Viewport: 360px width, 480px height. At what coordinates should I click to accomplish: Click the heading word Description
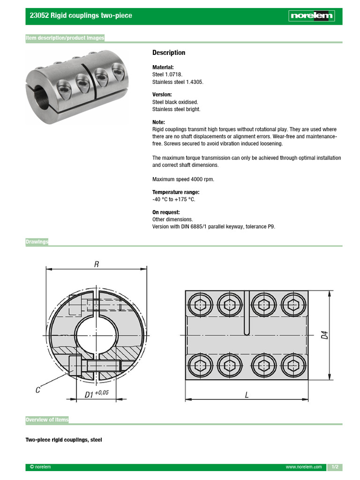click(x=169, y=52)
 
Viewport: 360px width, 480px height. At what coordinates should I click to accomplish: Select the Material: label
click(x=163, y=67)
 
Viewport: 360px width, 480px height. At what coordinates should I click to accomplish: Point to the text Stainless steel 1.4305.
click(x=178, y=82)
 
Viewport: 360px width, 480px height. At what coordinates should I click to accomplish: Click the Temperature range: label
click(x=176, y=192)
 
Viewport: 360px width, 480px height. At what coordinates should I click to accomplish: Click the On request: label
click(x=166, y=212)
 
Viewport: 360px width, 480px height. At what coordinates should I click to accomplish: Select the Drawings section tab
click(x=37, y=242)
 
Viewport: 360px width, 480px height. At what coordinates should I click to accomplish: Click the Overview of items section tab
click(x=47, y=420)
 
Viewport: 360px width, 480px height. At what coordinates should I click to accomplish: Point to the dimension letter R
click(x=97, y=264)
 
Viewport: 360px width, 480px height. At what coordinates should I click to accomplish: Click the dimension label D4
click(x=324, y=336)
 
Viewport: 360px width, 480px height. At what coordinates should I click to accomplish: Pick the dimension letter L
click(x=247, y=395)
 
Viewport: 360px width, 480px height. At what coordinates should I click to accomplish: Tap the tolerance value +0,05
click(x=102, y=392)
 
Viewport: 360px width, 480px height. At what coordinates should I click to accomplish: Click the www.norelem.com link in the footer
click(x=304, y=467)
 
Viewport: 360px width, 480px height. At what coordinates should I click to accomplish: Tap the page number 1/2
click(x=335, y=467)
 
